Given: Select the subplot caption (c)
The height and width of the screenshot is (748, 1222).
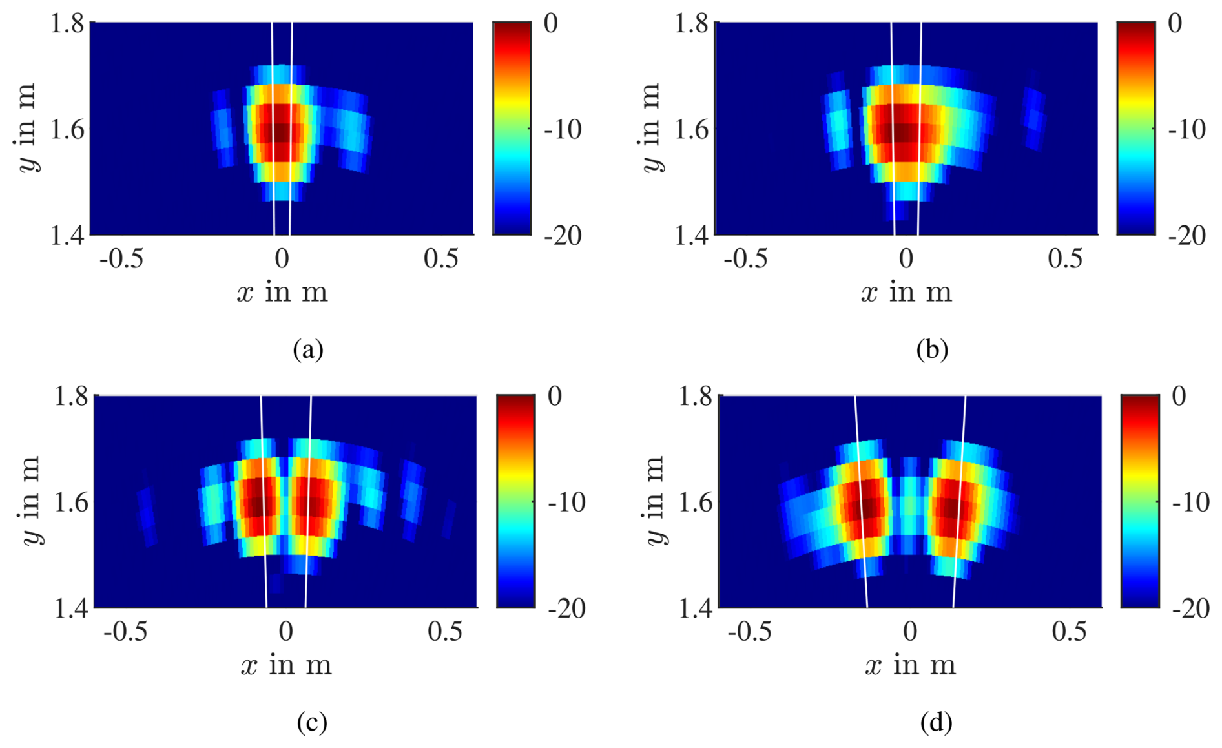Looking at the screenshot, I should pos(311,722).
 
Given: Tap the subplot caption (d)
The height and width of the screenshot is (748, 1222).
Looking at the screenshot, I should pos(936,722).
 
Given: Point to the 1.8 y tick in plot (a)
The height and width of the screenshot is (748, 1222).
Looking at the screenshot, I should pos(67,23).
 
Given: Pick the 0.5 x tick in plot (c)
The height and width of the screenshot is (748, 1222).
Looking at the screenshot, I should pos(445,632).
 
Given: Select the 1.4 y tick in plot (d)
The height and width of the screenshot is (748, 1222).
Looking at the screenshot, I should pos(695,608).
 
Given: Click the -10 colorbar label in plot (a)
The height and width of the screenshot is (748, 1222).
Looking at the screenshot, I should pos(562,129).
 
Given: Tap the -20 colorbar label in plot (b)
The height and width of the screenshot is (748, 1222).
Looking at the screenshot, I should pos(1186,236).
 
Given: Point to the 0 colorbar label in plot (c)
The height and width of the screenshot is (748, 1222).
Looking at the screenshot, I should pos(554,396).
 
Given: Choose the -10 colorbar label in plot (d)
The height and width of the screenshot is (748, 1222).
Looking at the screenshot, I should pos(1190,502).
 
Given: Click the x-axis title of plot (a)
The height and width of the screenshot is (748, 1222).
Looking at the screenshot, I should pos(282,293).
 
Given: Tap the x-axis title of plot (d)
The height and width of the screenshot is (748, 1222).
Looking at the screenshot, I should pos(910,665).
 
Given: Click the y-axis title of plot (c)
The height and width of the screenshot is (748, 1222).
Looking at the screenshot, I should pos(31,501).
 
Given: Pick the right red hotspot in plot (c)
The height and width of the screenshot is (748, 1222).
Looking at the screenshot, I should pos(313,504).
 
